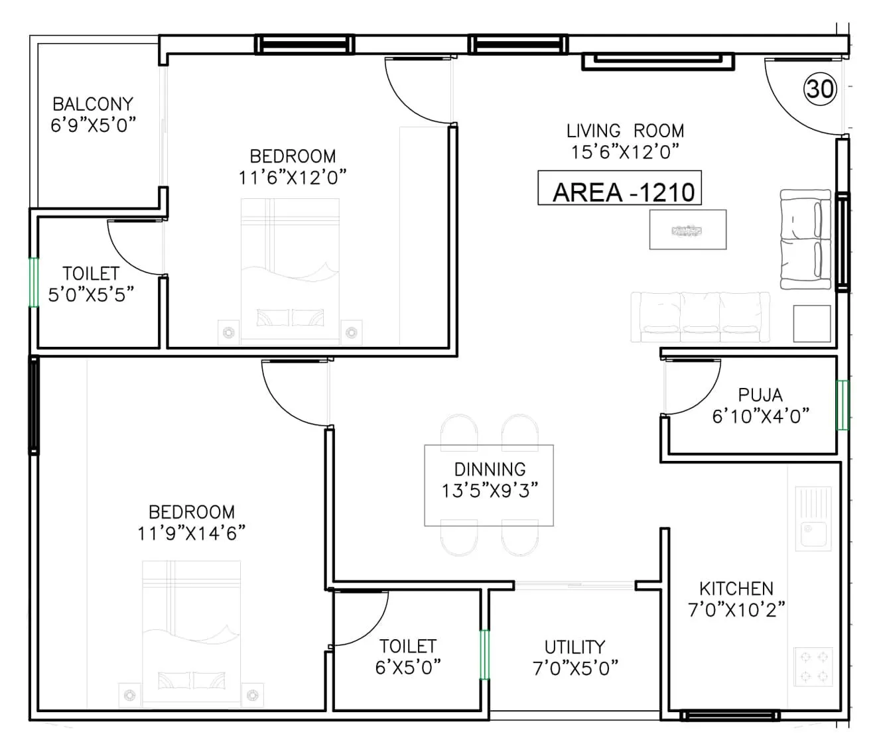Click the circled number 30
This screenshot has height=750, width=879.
(x=821, y=88)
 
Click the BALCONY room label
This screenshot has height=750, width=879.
(x=93, y=103)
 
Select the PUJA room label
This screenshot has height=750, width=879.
(x=760, y=395)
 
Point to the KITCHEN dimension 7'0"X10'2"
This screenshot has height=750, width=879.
(x=736, y=610)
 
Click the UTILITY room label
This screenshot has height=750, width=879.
(x=575, y=647)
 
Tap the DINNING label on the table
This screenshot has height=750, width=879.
(x=490, y=469)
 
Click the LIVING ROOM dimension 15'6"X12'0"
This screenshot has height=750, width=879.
(x=624, y=152)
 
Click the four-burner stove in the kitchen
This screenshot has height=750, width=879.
(x=814, y=666)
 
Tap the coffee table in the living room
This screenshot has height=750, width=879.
(x=687, y=230)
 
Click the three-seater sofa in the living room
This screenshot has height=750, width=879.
(x=701, y=318)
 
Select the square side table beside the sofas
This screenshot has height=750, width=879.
(x=812, y=324)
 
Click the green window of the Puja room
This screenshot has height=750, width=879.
(x=843, y=405)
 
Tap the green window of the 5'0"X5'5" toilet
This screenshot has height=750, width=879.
(x=33, y=281)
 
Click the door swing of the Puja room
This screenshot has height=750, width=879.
(x=691, y=387)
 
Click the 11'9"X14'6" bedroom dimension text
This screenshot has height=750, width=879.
(x=191, y=532)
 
